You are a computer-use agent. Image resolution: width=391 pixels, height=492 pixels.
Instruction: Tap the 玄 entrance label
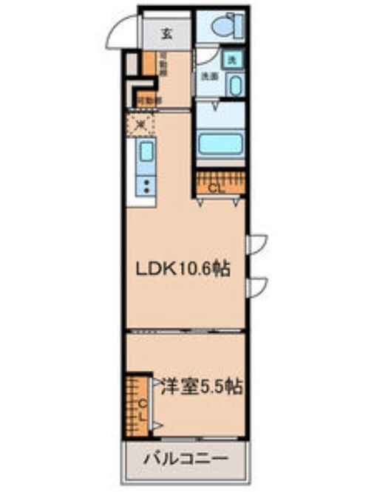[167, 33]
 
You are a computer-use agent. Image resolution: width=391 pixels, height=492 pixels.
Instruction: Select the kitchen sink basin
[146, 154]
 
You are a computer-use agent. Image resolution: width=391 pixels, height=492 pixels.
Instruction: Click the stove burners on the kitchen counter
[146, 185]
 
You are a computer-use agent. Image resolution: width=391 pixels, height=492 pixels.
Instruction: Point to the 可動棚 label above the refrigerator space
[145, 98]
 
